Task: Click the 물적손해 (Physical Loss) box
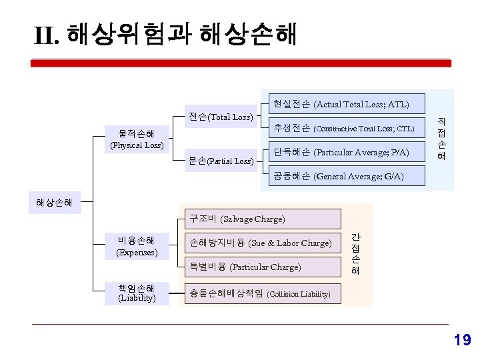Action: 137,139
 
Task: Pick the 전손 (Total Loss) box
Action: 221,117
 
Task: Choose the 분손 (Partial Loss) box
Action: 221,161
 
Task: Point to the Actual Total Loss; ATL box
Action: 341,104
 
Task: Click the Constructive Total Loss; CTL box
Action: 343,128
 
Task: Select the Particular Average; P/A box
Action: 341,152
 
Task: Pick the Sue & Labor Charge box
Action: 260,243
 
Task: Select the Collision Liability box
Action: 260,293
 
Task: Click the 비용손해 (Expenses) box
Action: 137,246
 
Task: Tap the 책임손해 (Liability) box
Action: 137,293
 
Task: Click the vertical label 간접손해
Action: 356,254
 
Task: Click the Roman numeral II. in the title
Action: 48,35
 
